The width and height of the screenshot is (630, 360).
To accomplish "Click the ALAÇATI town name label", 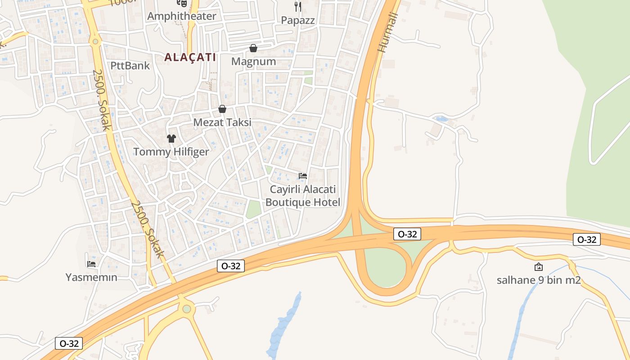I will (x=190, y=58).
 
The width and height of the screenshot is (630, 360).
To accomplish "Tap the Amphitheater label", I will (x=182, y=17).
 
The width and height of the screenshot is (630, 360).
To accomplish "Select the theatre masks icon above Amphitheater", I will (x=182, y=3).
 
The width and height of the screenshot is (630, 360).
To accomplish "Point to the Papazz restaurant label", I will (x=298, y=20).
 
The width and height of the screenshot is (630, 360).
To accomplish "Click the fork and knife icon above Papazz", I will (x=297, y=6).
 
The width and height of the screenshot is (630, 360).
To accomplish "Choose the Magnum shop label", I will (x=253, y=61).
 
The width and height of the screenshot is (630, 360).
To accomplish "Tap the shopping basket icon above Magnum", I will (x=253, y=48).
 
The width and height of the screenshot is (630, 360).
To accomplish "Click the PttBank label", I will (x=130, y=66).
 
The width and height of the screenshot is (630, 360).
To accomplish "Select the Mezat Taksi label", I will (x=222, y=122).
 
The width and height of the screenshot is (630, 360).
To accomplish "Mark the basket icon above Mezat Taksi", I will (x=222, y=109).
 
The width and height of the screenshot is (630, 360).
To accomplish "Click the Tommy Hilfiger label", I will (x=171, y=152).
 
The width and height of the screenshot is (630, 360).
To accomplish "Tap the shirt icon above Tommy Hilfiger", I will (x=171, y=138).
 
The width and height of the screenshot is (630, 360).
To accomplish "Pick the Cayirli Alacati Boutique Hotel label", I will (x=303, y=196).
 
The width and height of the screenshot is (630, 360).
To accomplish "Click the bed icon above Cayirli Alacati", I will (x=303, y=175).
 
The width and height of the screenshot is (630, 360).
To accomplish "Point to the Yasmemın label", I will (x=91, y=277).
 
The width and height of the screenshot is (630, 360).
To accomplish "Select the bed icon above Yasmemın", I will (x=91, y=264).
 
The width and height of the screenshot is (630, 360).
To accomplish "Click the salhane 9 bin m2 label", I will (x=539, y=280).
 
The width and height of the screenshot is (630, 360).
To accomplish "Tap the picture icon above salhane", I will (x=538, y=267).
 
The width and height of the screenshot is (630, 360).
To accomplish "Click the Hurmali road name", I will (x=387, y=33).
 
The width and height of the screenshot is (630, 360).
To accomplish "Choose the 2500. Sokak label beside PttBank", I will (x=102, y=99).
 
